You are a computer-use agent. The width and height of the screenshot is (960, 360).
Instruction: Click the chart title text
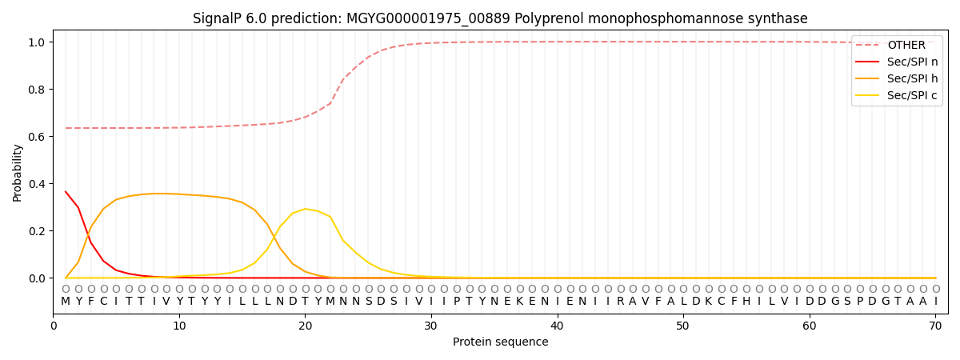coord(500,18)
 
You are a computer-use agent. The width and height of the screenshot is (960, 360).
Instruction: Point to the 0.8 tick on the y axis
coord(38,89)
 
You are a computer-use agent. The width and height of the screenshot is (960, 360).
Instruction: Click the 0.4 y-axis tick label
coord(38,184)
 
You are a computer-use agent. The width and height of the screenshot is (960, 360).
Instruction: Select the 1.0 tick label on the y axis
coord(38,42)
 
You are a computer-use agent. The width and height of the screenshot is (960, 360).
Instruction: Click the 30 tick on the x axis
coord(431,326)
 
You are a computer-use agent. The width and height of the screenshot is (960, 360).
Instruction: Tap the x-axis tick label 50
coord(682,326)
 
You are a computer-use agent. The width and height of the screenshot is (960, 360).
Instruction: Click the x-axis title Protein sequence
coord(500,342)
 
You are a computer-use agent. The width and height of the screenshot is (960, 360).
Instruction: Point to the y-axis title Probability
coord(18,172)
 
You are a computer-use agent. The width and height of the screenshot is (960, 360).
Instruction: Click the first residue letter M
coord(66,302)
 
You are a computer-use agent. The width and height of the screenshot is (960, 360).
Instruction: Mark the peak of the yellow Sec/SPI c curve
coord(305,209)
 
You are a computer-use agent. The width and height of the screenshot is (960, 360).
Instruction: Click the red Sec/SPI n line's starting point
coord(66,191)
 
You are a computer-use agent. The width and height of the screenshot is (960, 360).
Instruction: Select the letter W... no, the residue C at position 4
coord(103,302)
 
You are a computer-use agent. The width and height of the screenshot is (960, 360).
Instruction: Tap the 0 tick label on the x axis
coord(54,326)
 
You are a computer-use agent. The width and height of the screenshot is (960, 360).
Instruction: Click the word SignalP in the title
coord(218,18)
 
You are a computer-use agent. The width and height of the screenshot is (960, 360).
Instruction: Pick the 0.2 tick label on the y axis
coord(38,231)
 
